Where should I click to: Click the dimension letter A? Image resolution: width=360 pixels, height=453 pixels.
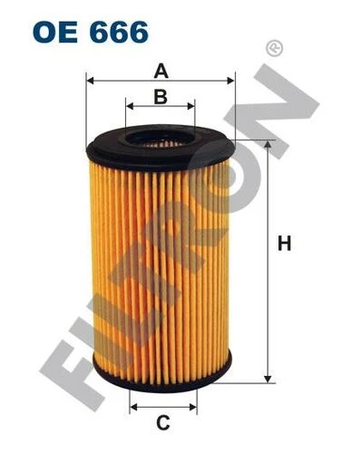coord(161,71)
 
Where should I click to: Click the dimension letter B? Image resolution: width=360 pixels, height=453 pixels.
coord(161,97)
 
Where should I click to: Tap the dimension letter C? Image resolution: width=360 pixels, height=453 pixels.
coord(163,422)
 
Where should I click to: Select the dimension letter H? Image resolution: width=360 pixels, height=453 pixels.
coord(284,243)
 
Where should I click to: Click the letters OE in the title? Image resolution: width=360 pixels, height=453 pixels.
coord(55,32)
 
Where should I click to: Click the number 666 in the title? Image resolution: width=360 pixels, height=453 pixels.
coord(119,32)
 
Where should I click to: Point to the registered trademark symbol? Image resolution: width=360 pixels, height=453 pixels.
coord(274,48)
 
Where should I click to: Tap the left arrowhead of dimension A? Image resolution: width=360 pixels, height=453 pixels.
coord(91,81)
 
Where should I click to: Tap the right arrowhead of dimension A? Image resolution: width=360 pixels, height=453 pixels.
coord(230,81)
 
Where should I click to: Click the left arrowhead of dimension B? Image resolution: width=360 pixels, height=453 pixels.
coord(130,106)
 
